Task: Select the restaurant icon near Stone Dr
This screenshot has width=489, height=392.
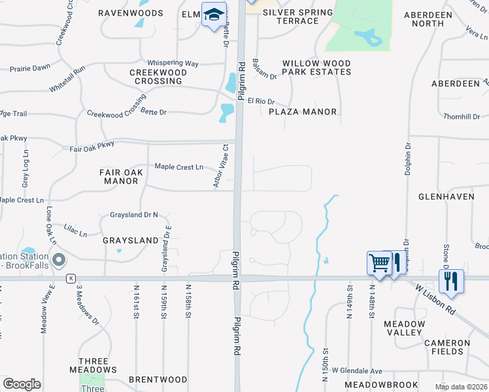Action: point(451,281)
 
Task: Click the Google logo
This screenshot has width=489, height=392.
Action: point(22,384)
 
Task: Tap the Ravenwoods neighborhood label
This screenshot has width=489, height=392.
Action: point(130,12)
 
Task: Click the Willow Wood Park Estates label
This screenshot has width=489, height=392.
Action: point(316,68)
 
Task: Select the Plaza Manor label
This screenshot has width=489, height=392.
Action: point(303,112)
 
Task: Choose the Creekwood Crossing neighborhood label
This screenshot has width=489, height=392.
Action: point(156,76)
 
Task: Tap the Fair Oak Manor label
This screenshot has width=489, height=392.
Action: point(119,176)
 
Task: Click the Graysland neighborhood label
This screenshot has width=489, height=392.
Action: point(131,240)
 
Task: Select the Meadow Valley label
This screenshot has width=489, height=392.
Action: point(403,328)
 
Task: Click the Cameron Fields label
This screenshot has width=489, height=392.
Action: point(447,347)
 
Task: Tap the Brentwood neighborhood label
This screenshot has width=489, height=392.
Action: point(158,380)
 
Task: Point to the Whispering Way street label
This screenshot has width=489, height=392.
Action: point(173,63)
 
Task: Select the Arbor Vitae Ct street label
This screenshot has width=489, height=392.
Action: point(220,167)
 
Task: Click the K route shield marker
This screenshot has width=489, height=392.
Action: point(70,278)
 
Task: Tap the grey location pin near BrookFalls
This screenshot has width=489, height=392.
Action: point(59,261)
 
